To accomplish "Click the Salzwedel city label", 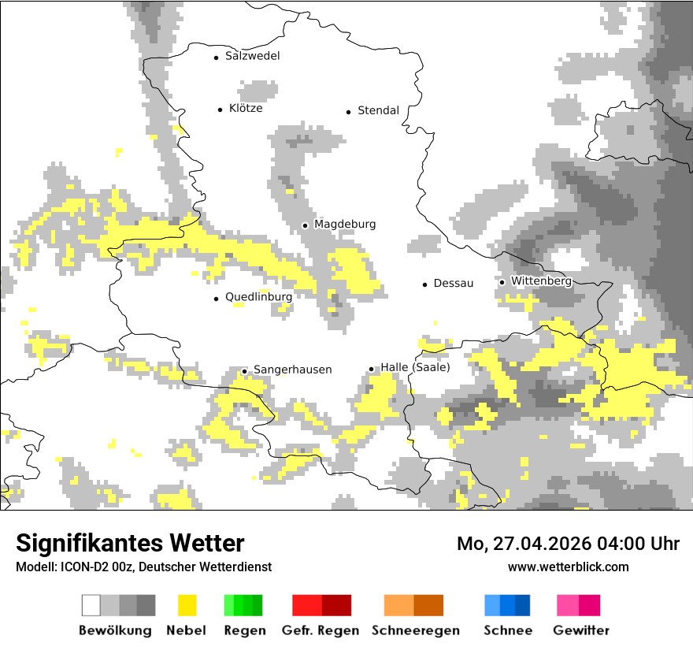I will click(252, 56).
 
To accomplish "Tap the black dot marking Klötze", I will click(220, 110).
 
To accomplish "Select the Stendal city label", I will click(378, 110).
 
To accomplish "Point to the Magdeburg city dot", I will click(305, 225).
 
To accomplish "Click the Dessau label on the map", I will click(454, 283).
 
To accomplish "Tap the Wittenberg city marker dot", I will click(502, 282).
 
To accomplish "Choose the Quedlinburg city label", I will click(258, 297).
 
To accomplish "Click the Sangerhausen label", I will click(292, 370).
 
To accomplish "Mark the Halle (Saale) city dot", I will click(371, 369).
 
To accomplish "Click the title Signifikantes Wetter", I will click(130, 543).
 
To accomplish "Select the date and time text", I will click(568, 544).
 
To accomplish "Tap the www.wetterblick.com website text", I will click(568, 567).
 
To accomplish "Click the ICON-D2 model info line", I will click(143, 567).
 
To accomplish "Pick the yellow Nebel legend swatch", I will click(187, 605).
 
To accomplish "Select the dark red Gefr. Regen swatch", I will click(336, 605).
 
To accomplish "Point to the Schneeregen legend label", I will click(416, 630).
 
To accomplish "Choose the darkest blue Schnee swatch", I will click(523, 605).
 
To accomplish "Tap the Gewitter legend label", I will click(581, 630).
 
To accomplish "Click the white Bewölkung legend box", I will click(91, 605).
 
